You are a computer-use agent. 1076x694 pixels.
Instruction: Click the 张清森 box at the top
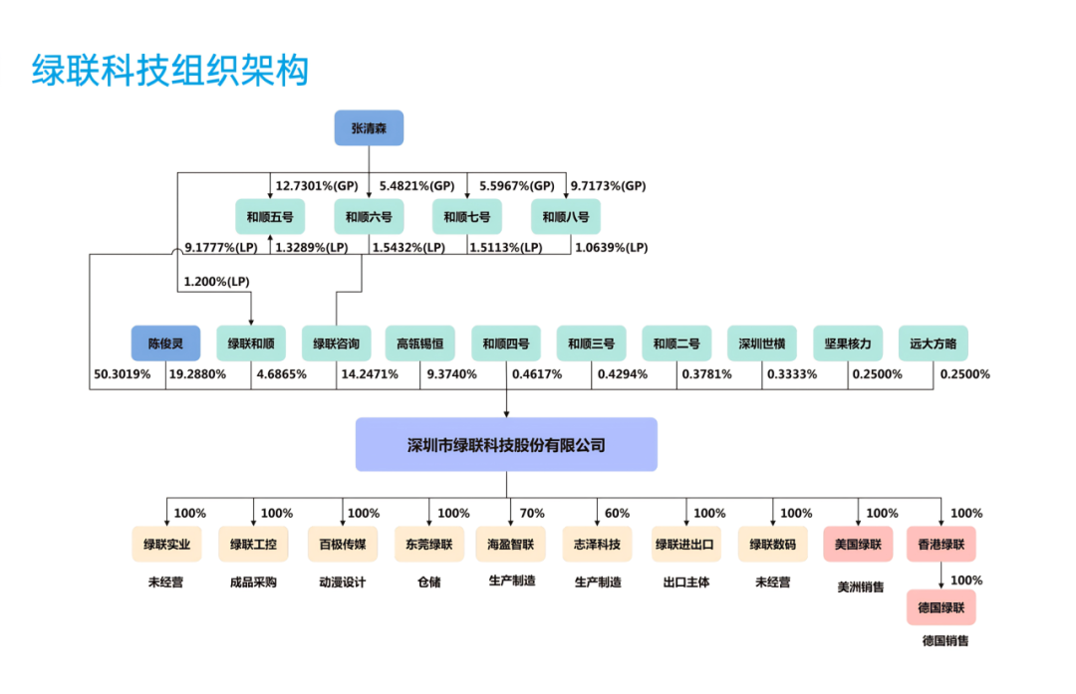369,127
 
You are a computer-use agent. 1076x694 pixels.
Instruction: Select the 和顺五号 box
270,216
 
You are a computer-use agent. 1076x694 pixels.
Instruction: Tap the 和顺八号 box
566,216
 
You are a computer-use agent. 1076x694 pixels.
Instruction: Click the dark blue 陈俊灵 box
165,344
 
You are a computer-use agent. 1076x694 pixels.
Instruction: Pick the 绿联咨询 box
336,344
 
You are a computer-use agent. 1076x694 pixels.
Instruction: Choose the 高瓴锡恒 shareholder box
420,344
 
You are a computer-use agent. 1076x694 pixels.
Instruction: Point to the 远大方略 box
933,344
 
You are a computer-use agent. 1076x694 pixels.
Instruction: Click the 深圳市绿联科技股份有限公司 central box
506,445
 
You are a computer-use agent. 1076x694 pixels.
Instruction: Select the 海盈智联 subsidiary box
511,545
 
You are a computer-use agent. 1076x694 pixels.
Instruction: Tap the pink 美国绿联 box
858,545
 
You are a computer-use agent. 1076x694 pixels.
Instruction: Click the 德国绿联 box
941,606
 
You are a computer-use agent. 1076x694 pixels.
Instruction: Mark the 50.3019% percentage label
123,374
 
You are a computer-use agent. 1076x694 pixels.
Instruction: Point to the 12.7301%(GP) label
317,186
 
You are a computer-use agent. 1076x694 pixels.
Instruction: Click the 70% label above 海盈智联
532,514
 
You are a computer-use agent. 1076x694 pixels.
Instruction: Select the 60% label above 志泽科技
617,514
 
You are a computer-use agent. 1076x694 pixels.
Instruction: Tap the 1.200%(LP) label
216,283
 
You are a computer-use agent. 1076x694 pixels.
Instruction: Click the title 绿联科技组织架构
170,71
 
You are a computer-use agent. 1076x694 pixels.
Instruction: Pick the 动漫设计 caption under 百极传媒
342,582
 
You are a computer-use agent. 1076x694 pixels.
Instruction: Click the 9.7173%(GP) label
608,186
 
